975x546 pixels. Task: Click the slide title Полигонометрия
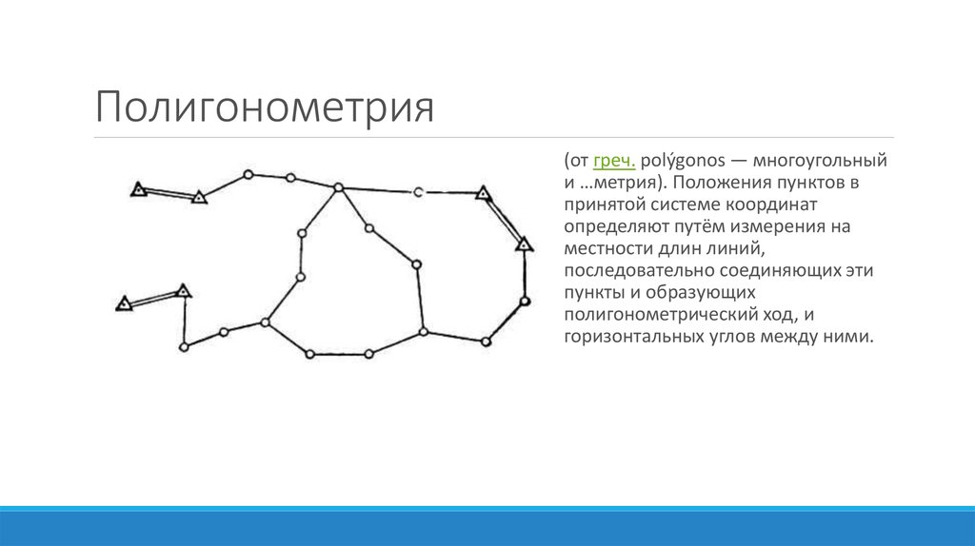264,107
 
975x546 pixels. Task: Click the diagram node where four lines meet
338,188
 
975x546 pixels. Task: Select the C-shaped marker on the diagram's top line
417,193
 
